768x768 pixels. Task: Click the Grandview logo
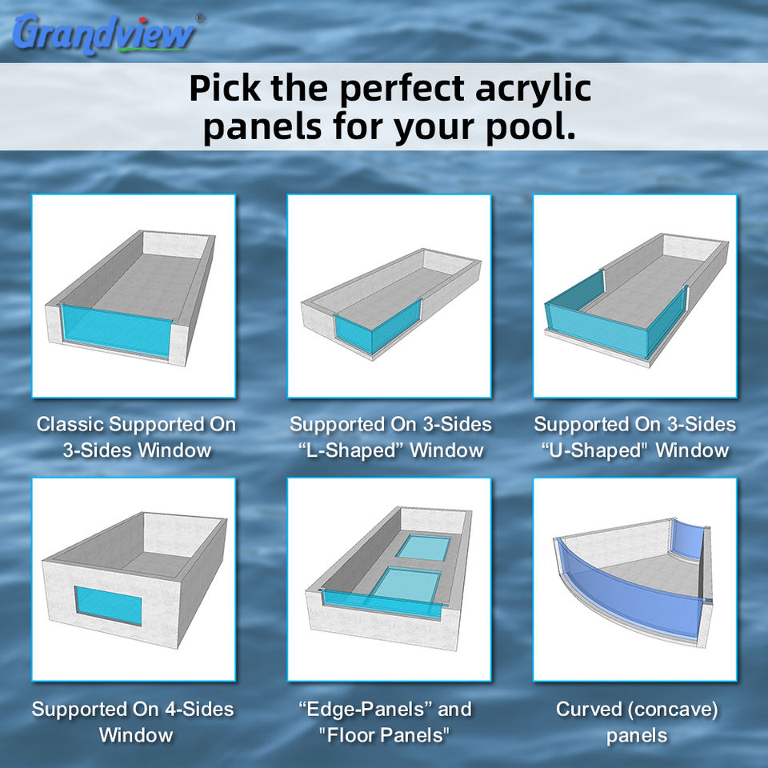click(104, 34)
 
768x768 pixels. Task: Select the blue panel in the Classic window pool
click(117, 331)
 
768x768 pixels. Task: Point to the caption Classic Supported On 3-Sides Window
click(136, 437)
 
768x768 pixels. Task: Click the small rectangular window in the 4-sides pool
click(108, 606)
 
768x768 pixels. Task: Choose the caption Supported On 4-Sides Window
click(134, 722)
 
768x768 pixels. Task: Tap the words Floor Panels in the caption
click(384, 735)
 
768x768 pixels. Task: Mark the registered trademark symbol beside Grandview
click(200, 18)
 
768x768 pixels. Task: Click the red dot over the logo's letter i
click(143, 20)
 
